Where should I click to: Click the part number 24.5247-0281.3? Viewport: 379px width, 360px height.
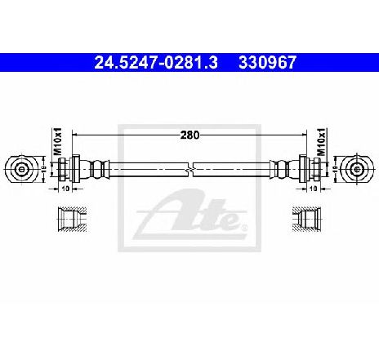[x=156, y=63]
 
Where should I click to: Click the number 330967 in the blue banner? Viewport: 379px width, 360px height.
[x=267, y=63]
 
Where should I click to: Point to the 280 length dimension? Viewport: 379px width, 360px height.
[x=189, y=135]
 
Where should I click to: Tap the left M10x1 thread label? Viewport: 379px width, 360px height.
[x=58, y=141]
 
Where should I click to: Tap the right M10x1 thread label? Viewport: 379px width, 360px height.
[x=322, y=141]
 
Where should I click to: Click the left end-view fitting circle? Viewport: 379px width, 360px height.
[x=21, y=169]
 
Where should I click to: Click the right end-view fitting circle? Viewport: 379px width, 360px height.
[x=358, y=169]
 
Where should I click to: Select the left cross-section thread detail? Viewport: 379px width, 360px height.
[x=73, y=220]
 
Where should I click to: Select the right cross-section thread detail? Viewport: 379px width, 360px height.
[x=306, y=220]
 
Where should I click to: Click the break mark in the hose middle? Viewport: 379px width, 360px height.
[x=190, y=170]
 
